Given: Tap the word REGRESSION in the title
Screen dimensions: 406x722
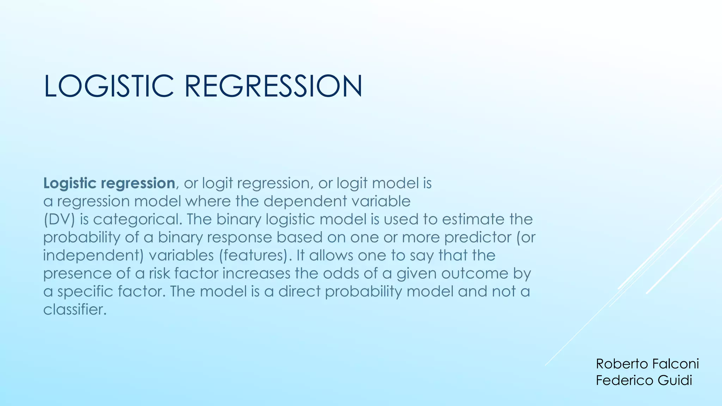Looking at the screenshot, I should [x=273, y=86].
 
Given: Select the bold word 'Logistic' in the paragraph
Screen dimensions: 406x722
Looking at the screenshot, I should [x=69, y=184].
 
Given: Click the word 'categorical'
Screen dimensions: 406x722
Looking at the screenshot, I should [x=137, y=220].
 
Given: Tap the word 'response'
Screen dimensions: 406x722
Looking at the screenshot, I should [x=239, y=238].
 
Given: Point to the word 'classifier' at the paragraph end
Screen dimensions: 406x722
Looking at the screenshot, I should [x=74, y=310].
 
